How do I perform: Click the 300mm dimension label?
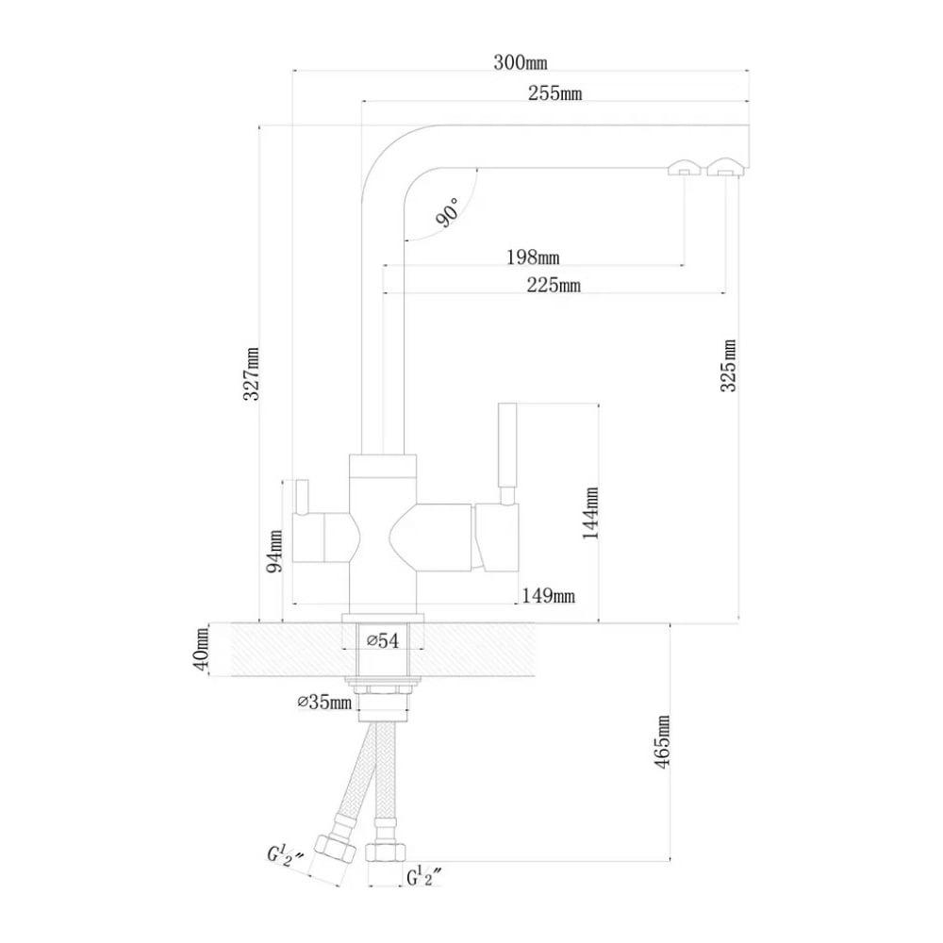pos(520,63)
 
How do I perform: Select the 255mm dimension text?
pos(555,92)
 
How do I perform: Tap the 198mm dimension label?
pos(533,256)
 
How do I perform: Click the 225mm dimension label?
pos(554,285)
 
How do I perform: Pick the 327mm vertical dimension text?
pos(252,373)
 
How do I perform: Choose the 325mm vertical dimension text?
pos(728,364)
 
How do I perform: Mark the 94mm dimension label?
pos(274,550)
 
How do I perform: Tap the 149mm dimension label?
pos(548,595)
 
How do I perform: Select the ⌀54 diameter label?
pos(382,641)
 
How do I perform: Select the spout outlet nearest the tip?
pos(727,168)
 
